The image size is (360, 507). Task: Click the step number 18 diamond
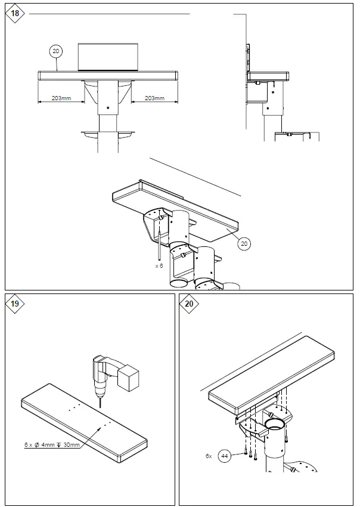14,13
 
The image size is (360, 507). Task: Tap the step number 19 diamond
15,304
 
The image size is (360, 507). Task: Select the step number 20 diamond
190,304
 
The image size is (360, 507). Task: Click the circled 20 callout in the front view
56,52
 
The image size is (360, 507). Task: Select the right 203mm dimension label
154,98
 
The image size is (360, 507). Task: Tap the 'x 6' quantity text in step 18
159,265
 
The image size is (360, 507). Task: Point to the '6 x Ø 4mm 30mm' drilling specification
52,444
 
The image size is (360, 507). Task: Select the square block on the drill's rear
129,379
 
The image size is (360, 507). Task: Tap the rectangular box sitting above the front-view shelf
108,57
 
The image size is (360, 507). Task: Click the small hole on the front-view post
108,107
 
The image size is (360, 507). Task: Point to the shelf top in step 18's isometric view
179,206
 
